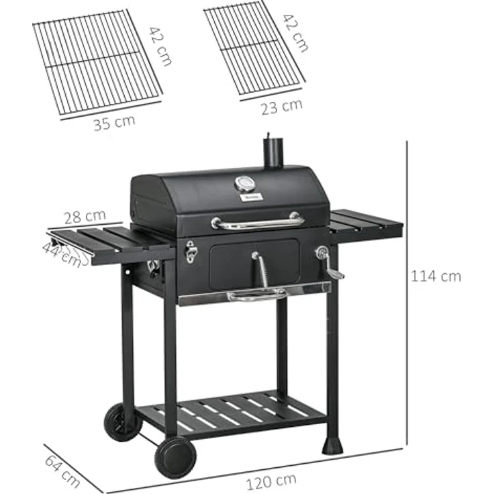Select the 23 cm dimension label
281,106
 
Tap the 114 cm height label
437,276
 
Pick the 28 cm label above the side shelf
85,216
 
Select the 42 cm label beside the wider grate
160,46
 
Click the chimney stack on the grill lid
273,150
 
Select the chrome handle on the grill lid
257,222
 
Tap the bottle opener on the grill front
191,252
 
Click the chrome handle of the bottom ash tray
256,295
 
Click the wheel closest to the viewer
175,456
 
